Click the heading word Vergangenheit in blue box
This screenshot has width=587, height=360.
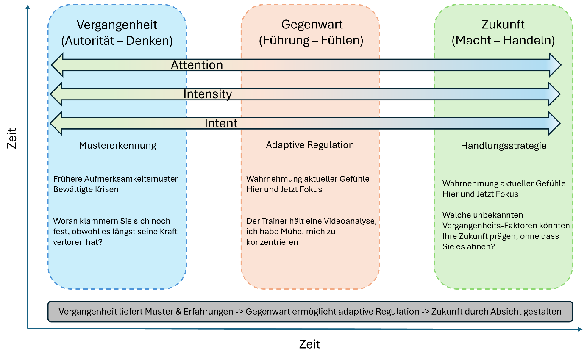(x=117, y=25)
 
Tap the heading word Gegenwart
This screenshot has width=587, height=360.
(x=312, y=25)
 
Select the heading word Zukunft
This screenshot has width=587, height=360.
(x=503, y=25)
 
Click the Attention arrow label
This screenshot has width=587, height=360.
(x=197, y=65)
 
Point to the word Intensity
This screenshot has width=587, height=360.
(x=208, y=94)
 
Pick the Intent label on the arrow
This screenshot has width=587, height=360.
(x=221, y=123)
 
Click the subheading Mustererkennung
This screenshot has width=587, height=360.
(x=117, y=146)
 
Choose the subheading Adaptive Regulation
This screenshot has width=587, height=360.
(x=310, y=145)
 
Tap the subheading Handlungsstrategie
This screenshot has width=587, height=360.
(x=504, y=146)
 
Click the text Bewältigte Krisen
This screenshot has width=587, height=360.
(x=86, y=189)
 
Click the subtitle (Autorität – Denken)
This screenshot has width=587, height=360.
(x=117, y=41)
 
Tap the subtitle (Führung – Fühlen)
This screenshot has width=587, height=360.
(x=311, y=41)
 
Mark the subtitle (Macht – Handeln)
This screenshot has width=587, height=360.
(x=503, y=41)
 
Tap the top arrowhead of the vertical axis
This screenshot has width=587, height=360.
(x=28, y=7)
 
